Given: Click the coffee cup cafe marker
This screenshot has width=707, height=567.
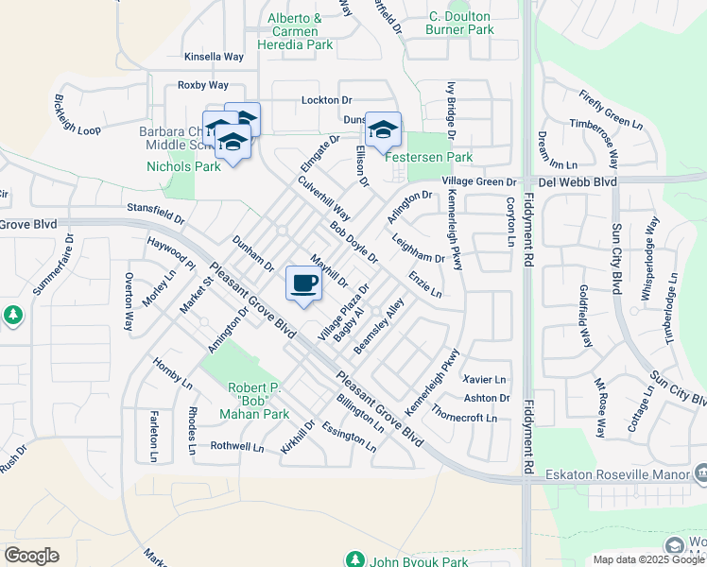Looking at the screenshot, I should (303, 283).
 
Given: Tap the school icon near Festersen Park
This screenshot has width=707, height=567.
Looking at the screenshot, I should (383, 130).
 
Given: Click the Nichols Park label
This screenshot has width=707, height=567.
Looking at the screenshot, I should (183, 166).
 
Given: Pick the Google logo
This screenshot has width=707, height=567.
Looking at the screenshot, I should (32, 555).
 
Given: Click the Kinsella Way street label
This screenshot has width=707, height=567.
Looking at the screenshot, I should (214, 57).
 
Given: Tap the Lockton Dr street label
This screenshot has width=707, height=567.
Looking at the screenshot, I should (326, 100).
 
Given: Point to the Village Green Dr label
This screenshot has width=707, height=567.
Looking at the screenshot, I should (479, 181).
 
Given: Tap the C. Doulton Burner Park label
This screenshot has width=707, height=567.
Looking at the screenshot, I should (461, 24).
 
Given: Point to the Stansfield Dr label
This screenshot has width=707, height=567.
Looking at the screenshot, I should (155, 212).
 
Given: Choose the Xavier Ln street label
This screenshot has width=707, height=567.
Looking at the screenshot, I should (486, 378).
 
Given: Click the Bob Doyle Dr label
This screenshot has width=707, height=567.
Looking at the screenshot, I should (353, 243).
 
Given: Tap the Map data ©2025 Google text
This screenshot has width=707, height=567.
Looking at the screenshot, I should (647, 559).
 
